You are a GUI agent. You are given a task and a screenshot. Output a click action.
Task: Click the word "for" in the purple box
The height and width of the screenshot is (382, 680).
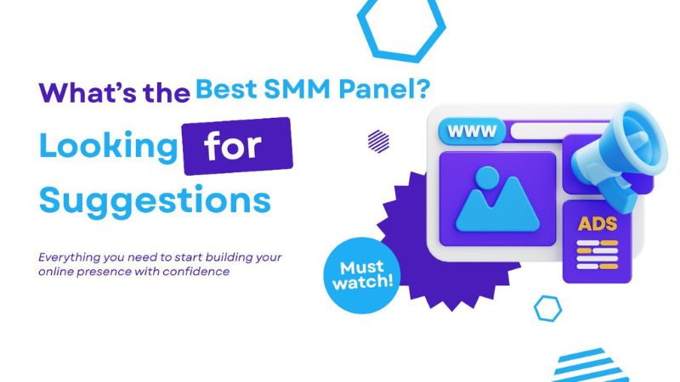[235, 147]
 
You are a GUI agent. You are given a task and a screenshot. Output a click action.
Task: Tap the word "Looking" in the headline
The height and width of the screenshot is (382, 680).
[106, 147]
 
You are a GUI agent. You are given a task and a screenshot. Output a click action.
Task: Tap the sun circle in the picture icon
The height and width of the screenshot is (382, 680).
[487, 177]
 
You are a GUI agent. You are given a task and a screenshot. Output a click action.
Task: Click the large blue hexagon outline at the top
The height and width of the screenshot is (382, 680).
[400, 29]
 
